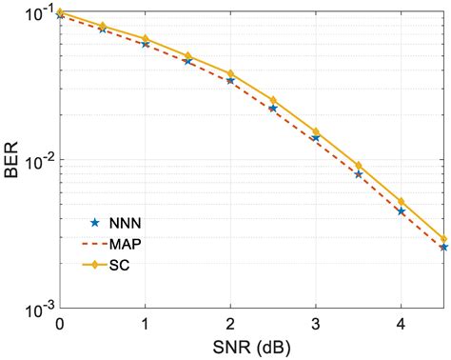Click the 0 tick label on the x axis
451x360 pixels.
(60, 323)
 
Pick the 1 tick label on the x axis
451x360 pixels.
(145, 323)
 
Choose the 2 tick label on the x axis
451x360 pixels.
(230, 323)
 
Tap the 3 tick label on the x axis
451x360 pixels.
(316, 323)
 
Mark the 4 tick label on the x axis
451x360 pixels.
(401, 323)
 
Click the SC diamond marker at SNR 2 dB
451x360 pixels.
(230, 73)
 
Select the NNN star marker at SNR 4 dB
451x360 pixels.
(401, 211)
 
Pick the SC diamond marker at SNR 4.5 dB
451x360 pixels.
(443, 239)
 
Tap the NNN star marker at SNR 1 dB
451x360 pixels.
(145, 44)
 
